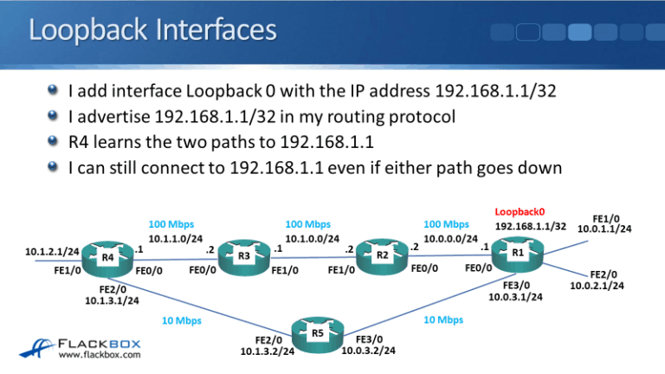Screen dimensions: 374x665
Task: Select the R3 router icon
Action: [x=245, y=256]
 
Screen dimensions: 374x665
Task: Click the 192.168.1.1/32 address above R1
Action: [x=531, y=227]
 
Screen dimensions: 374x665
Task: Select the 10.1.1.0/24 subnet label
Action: [x=178, y=239]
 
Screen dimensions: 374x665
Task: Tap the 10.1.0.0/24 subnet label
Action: [x=313, y=239]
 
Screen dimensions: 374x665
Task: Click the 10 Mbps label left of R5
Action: [x=183, y=321]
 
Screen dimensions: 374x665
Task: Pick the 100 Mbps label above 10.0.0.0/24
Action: [x=447, y=224]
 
